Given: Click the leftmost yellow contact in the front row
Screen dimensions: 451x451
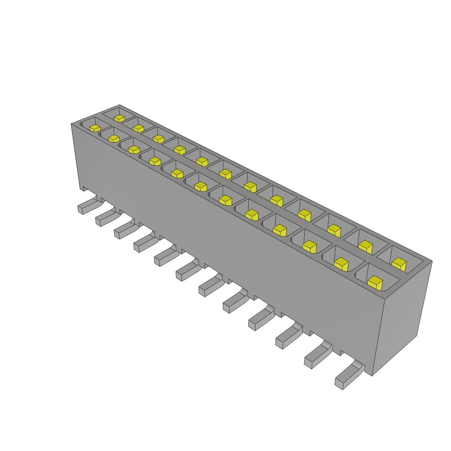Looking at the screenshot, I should click(x=94, y=128).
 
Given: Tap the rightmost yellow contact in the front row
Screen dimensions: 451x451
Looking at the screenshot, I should click(x=375, y=281).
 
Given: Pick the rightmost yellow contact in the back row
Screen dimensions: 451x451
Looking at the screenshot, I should click(x=399, y=263).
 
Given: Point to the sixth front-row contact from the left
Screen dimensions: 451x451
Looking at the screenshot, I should click(x=200, y=186).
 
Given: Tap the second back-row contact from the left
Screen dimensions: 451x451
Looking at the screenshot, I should click(x=138, y=128).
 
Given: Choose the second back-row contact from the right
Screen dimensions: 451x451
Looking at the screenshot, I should click(x=365, y=245).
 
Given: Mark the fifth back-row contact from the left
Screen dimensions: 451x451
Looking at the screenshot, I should click(x=202, y=162).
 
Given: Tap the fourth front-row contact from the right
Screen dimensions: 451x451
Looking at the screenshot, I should click(x=279, y=229).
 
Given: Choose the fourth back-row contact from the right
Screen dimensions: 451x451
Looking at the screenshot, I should click(x=304, y=214).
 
